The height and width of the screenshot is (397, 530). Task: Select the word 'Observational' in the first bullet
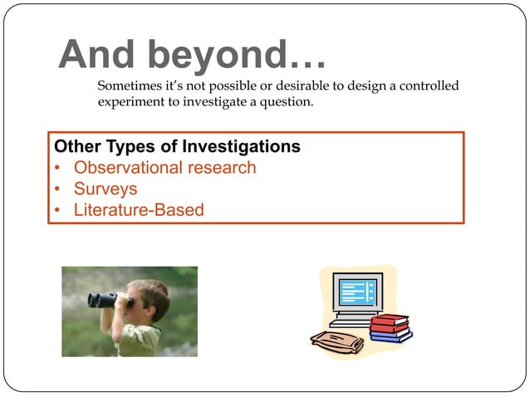130,168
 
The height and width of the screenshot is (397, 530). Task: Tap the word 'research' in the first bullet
223,168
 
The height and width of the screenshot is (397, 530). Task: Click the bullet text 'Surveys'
106,189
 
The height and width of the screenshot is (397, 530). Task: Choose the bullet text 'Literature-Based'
139,210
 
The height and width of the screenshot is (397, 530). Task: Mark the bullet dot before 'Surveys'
58,189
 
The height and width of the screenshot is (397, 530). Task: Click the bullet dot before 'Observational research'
58,169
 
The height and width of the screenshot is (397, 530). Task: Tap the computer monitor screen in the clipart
358,293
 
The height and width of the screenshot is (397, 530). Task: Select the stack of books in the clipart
390,328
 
